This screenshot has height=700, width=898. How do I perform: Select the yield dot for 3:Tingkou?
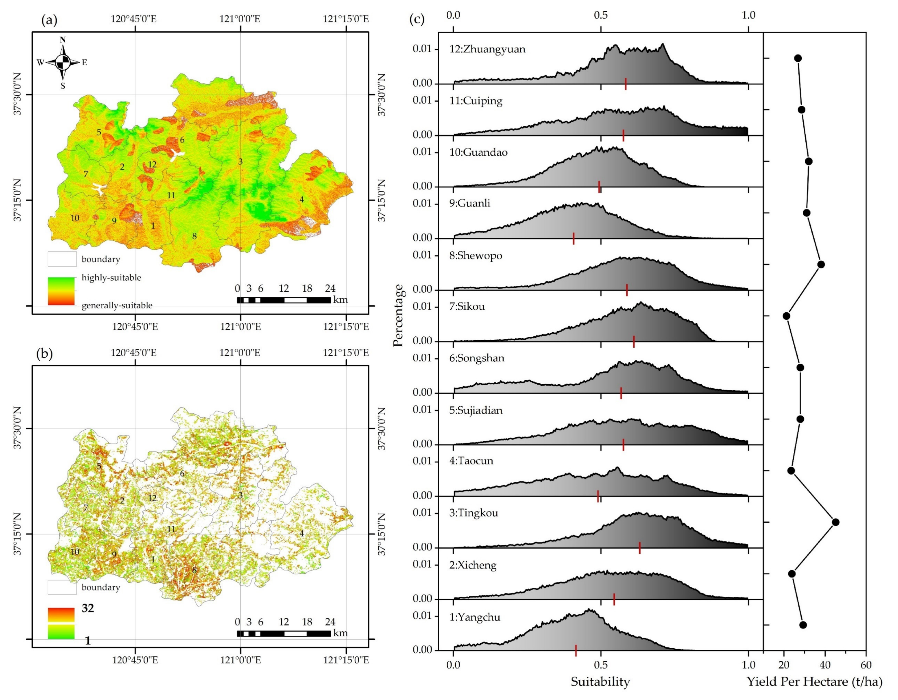(x=835, y=522)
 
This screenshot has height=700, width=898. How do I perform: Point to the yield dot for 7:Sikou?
(x=786, y=316)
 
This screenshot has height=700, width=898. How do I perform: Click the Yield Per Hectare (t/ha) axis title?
(x=814, y=682)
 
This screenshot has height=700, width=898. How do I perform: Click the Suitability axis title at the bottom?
(x=600, y=682)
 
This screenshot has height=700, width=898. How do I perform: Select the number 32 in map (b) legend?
(x=88, y=608)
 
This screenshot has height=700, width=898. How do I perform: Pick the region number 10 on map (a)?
(x=75, y=218)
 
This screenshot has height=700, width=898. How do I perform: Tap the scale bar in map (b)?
(x=284, y=633)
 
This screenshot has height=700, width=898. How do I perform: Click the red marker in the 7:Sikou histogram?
(x=634, y=341)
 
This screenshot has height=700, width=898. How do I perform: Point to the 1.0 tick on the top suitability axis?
(x=748, y=16)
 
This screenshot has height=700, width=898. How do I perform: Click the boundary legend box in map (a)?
(x=62, y=259)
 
